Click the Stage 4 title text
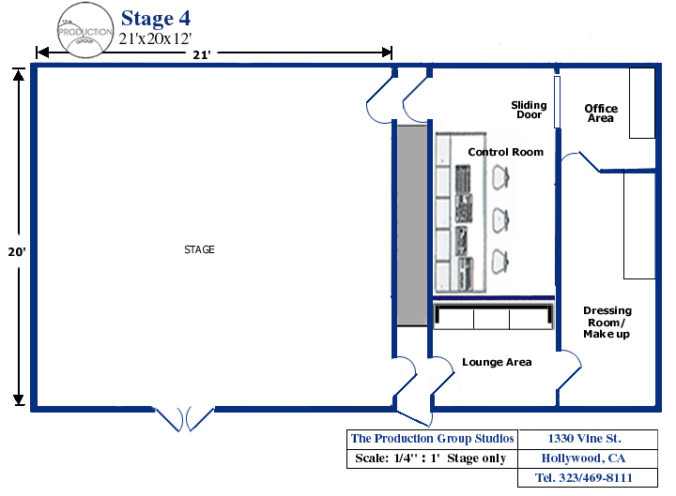[x=161, y=19]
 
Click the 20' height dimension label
[x=18, y=252]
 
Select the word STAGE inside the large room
[x=199, y=249]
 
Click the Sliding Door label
[x=529, y=110]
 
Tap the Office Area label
[x=601, y=113]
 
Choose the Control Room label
[x=505, y=152]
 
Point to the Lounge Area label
[x=497, y=362]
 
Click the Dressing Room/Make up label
[x=607, y=322]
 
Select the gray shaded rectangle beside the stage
[x=410, y=225]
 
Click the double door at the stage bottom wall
[x=185, y=418]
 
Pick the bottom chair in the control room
[x=500, y=260]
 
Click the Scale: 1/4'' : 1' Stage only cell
[x=432, y=458]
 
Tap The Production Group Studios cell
[x=432, y=439]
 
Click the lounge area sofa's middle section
[x=491, y=319]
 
